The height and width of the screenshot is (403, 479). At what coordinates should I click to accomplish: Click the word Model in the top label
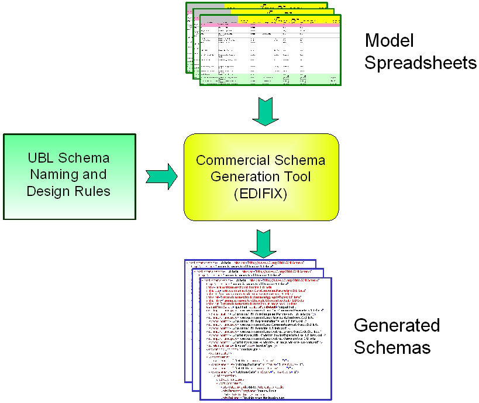point(389,41)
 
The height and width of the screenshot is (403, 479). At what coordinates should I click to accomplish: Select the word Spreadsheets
point(420,63)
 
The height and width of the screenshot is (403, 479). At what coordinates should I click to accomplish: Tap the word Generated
point(397,325)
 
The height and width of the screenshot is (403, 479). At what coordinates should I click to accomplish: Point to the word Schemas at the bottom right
point(392,347)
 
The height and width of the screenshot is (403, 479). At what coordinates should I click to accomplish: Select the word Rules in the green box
point(94,191)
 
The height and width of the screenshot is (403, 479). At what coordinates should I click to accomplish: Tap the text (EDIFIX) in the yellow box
point(261,193)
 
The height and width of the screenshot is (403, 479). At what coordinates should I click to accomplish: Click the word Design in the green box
point(46,191)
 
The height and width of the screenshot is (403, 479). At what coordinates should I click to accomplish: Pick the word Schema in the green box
point(87,158)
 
